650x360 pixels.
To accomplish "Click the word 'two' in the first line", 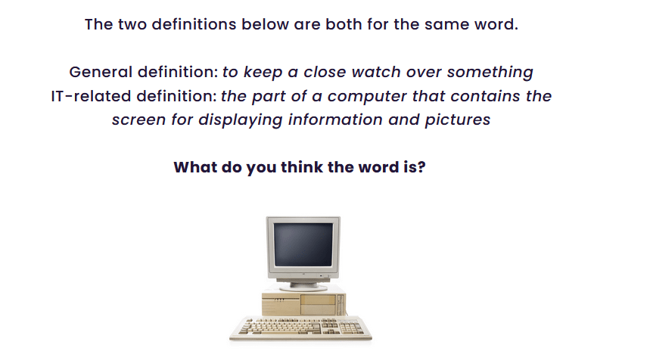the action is click(x=132, y=24).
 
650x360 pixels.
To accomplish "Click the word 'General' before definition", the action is click(x=101, y=72).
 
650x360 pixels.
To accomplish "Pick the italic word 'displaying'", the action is click(x=241, y=120).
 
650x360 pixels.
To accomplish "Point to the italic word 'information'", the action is click(x=335, y=119).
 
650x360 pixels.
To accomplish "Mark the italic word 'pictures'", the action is click(x=458, y=120).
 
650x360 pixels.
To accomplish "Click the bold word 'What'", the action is click(x=195, y=167).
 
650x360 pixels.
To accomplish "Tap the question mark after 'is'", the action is click(x=421, y=167).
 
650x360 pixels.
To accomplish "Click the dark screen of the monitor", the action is click(x=303, y=244).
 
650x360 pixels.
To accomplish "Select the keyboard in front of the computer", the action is click(x=300, y=328).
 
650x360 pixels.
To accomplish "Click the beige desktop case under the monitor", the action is click(x=304, y=303).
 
